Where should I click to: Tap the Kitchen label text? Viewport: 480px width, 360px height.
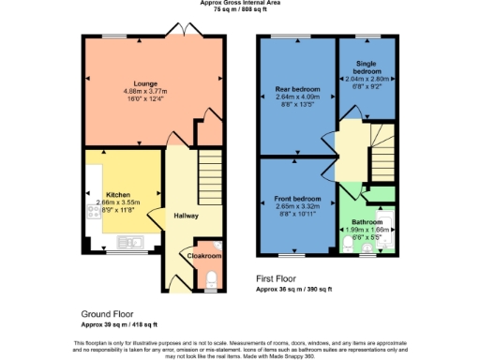pos(117,193)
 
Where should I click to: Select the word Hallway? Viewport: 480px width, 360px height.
pos(187,216)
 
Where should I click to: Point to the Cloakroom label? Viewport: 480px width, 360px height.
pos(204,255)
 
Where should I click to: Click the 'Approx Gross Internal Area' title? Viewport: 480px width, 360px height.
pos(240,3)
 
